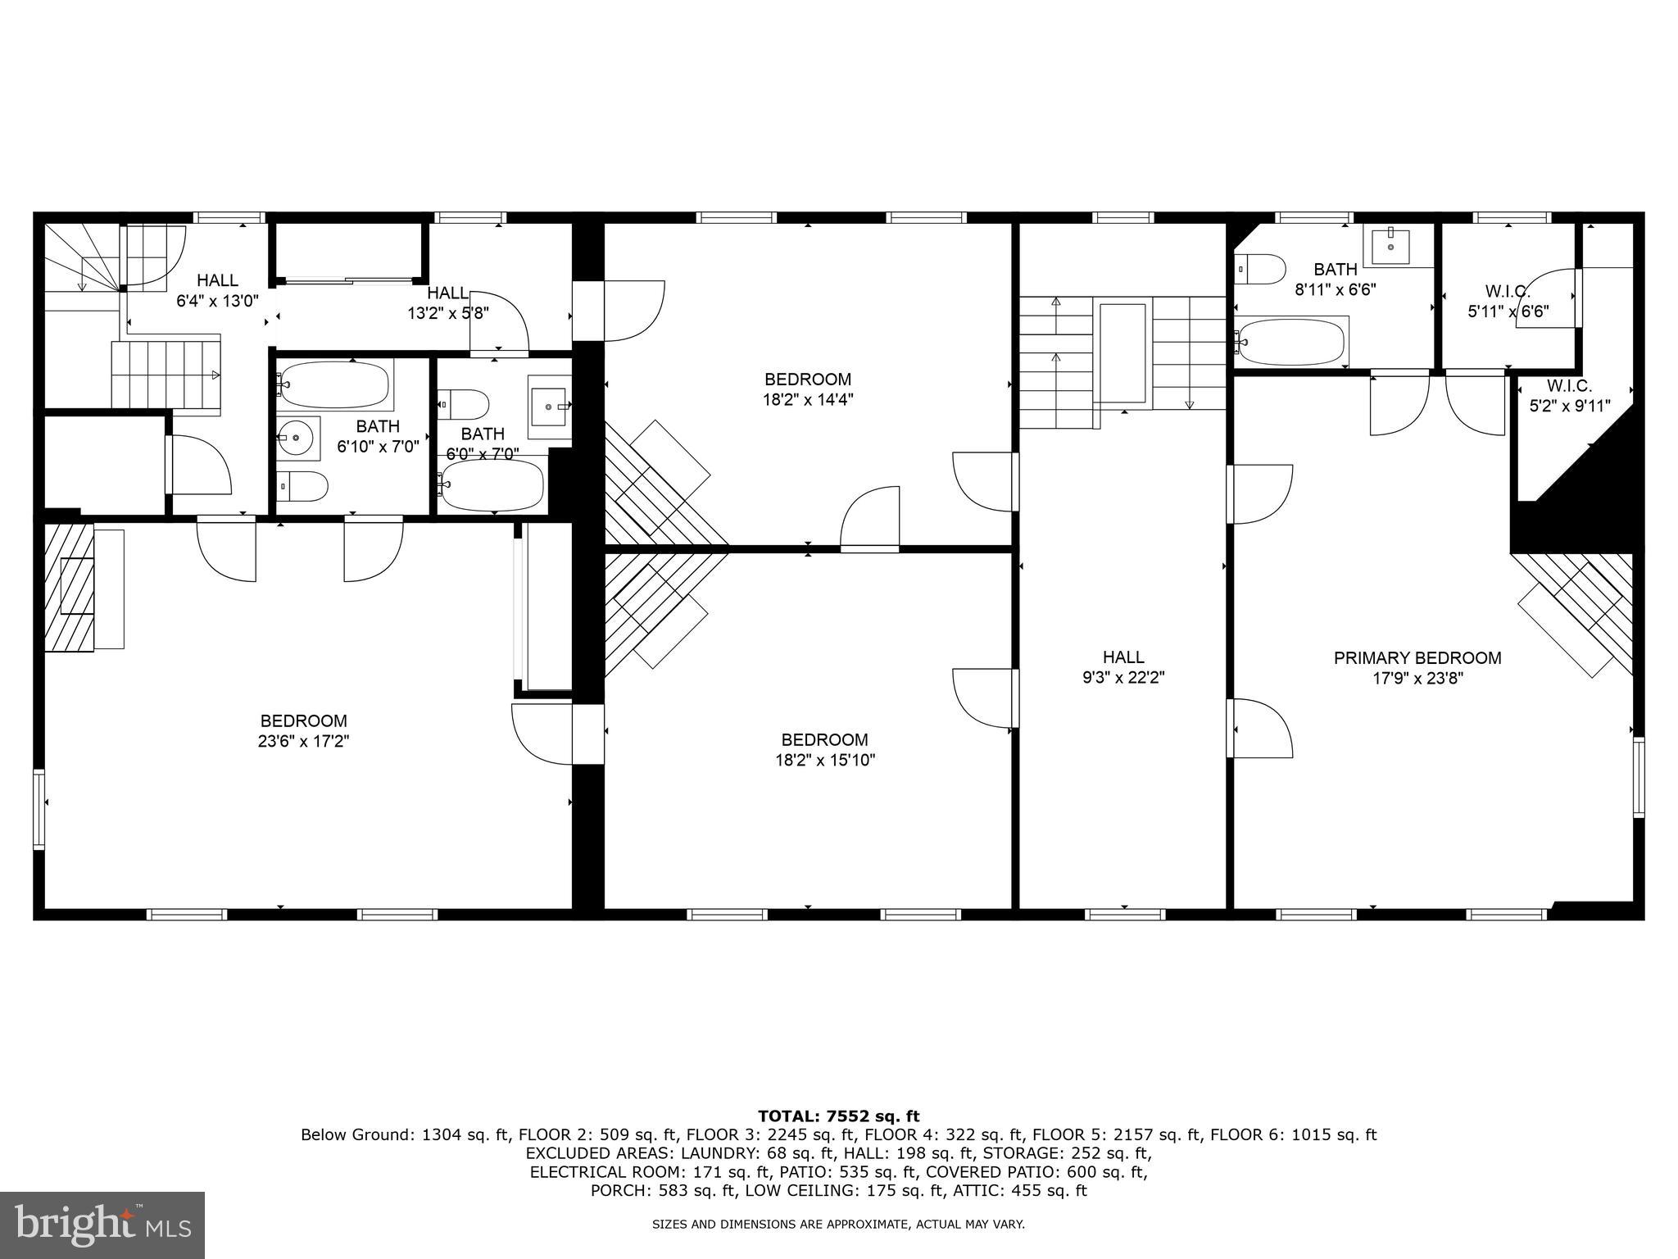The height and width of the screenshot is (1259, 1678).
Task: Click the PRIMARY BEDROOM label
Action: click(x=1417, y=657)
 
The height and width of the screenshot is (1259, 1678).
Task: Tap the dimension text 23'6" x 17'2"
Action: click(x=304, y=741)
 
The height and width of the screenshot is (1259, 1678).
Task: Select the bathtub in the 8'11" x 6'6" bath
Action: click(x=1291, y=342)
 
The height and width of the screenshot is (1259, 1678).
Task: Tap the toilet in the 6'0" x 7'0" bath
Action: click(x=464, y=404)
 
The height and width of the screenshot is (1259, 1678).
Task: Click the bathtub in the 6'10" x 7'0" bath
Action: click(x=334, y=385)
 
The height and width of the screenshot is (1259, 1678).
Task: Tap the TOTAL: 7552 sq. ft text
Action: click(x=838, y=1116)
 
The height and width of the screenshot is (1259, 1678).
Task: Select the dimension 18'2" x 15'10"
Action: click(x=825, y=760)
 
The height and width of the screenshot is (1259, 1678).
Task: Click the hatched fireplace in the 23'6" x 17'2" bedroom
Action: click(x=70, y=587)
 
